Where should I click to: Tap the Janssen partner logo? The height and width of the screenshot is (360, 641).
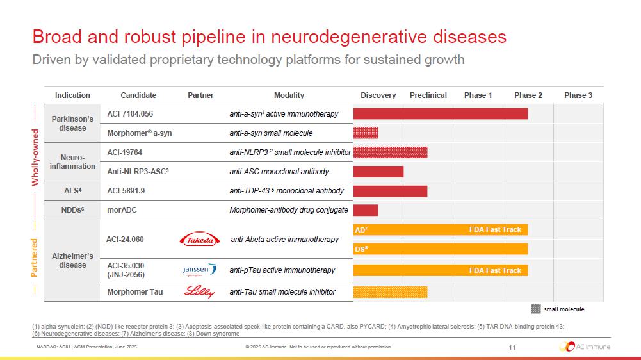200,270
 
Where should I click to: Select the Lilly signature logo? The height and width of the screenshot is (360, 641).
200,292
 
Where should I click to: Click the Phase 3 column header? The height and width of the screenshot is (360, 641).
578,95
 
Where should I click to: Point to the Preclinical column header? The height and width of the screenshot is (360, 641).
428,95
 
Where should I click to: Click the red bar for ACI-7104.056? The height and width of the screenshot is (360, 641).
441,113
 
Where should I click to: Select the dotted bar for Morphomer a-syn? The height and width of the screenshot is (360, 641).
366,133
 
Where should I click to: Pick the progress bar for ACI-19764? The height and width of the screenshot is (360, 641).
390,152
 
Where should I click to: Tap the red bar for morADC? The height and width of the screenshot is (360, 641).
366,210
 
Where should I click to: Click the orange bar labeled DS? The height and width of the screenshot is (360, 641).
441,249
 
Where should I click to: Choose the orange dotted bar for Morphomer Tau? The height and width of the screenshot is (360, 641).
390,292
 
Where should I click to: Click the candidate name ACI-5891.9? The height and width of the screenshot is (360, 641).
126,191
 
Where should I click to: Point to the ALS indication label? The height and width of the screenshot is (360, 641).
72,191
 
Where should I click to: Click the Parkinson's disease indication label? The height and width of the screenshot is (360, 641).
72,123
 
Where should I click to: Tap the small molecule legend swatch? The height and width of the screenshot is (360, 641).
536,309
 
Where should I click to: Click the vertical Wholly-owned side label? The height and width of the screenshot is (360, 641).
36,157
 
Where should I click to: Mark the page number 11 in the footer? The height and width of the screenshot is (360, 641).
512,347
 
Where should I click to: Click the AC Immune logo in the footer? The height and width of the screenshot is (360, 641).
585,347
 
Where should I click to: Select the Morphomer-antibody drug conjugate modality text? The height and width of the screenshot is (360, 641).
289,210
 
